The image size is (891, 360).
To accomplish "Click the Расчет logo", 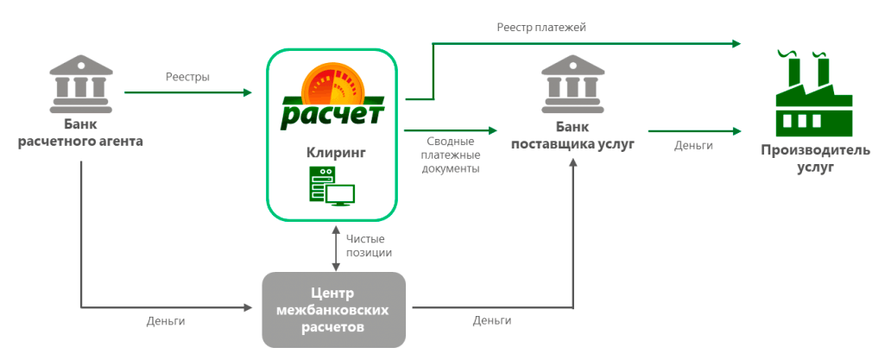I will tap(332, 97).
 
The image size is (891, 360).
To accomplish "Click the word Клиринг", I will tap(332, 152).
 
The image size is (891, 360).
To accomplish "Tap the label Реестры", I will tap(187, 77).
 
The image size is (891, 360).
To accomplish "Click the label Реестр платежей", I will tap(540, 28).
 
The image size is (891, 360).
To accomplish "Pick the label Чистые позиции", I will tap(369, 245).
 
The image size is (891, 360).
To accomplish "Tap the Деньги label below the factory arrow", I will tap(693, 146).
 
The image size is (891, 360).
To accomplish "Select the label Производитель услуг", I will tap(809, 158).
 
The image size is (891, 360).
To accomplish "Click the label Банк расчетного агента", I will tap(80, 132).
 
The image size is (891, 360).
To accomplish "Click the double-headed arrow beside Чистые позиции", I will tap(333, 246).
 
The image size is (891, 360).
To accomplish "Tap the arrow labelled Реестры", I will tap(187, 92).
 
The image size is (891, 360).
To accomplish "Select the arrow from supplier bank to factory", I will tap(694, 130).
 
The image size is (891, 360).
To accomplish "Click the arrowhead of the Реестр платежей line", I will tap(736, 43).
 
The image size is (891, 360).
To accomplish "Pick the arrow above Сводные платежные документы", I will tap(451, 130).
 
